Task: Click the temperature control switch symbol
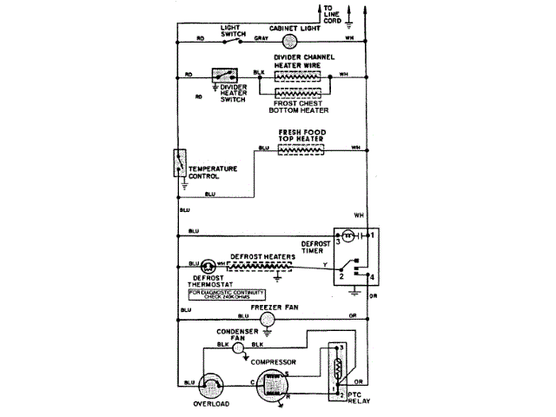point(179,165)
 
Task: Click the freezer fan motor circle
point(268,319)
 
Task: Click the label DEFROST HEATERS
point(266,258)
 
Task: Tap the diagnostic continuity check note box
point(228,296)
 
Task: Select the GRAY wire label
point(261,39)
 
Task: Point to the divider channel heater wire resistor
point(301,76)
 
